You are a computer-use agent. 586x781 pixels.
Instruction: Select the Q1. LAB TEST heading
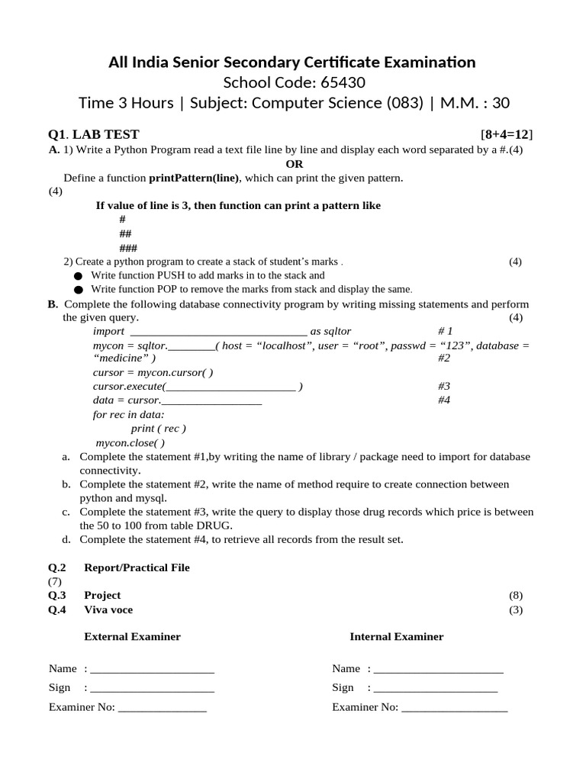tap(94, 135)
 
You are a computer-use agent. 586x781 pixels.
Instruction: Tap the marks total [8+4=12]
tap(507, 135)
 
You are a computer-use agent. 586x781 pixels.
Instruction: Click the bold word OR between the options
tap(294, 164)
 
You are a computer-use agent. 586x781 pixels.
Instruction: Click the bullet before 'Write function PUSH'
tap(78, 275)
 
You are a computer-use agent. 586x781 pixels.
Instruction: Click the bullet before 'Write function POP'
tap(78, 290)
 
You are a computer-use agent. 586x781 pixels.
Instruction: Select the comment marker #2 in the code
tap(444, 358)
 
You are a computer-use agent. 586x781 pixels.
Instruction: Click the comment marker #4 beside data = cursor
tap(444, 400)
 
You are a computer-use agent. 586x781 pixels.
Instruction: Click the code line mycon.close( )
tap(130, 442)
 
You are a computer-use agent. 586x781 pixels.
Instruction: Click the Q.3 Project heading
tap(102, 595)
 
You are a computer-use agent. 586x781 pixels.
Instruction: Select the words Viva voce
tap(108, 609)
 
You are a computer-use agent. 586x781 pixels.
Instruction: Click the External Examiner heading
tap(132, 636)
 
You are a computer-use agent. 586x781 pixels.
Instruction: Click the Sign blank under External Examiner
tap(152, 688)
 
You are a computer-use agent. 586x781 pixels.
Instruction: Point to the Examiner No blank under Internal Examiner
tap(454, 708)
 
